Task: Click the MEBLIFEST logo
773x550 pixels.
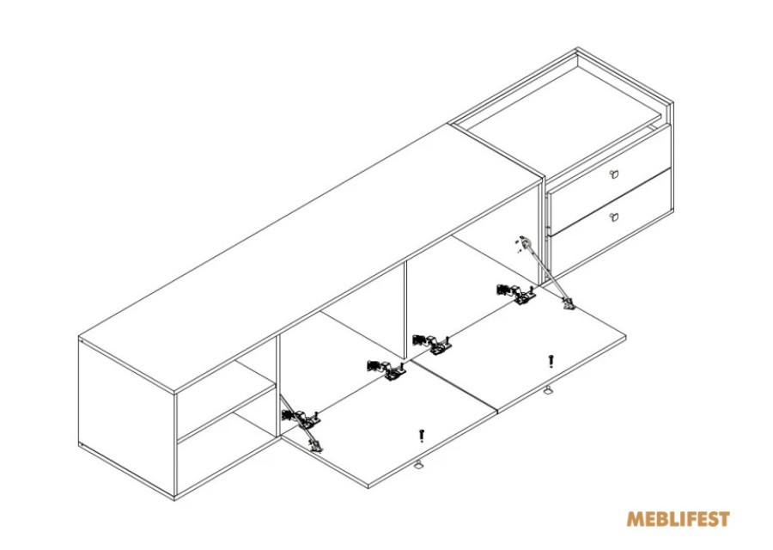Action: point(678,519)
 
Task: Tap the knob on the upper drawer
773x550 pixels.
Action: point(613,174)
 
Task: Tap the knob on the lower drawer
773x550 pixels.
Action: point(613,217)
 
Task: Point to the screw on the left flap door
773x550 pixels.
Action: point(421,436)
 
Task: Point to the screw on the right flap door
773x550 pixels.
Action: point(551,362)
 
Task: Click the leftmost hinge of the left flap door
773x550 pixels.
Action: point(301,419)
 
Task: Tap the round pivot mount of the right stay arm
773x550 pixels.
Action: point(526,241)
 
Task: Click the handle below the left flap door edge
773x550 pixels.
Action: point(418,464)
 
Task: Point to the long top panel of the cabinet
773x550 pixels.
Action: point(309,259)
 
